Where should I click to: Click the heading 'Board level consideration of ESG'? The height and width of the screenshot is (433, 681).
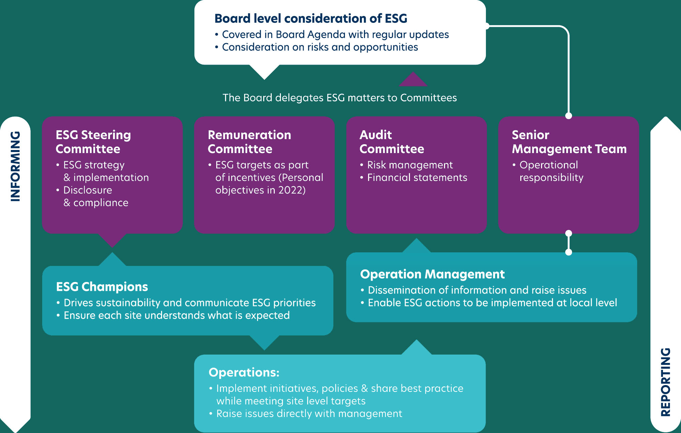pos(311,18)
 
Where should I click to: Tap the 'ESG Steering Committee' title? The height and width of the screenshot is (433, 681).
pos(93,142)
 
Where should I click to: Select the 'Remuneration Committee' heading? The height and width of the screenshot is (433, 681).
pos(249,142)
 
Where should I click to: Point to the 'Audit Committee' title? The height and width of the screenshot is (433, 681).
pos(392,142)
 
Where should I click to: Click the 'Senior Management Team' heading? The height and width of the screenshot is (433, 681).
pos(569,142)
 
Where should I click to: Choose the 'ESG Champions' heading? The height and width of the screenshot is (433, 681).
pos(102,287)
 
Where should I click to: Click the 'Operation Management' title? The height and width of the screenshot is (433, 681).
pos(432,274)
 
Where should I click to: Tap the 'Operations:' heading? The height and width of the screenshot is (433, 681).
pos(244,372)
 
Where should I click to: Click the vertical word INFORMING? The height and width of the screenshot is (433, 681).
pos(15,166)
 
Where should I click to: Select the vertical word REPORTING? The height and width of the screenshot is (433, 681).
pos(665,382)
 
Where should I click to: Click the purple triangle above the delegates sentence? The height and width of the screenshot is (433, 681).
pos(413,80)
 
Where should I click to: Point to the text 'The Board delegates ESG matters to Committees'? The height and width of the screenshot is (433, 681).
pos(339,98)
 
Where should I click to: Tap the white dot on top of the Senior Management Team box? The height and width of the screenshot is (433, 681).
pos(568,116)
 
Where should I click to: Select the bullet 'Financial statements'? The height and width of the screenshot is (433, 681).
pos(417,178)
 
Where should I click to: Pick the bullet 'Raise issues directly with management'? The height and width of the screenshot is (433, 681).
pos(309,414)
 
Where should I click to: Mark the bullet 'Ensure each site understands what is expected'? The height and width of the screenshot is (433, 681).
pos(176,315)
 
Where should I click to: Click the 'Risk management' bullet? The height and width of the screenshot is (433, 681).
pos(410,165)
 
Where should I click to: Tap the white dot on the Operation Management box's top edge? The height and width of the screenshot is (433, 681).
pos(568,252)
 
